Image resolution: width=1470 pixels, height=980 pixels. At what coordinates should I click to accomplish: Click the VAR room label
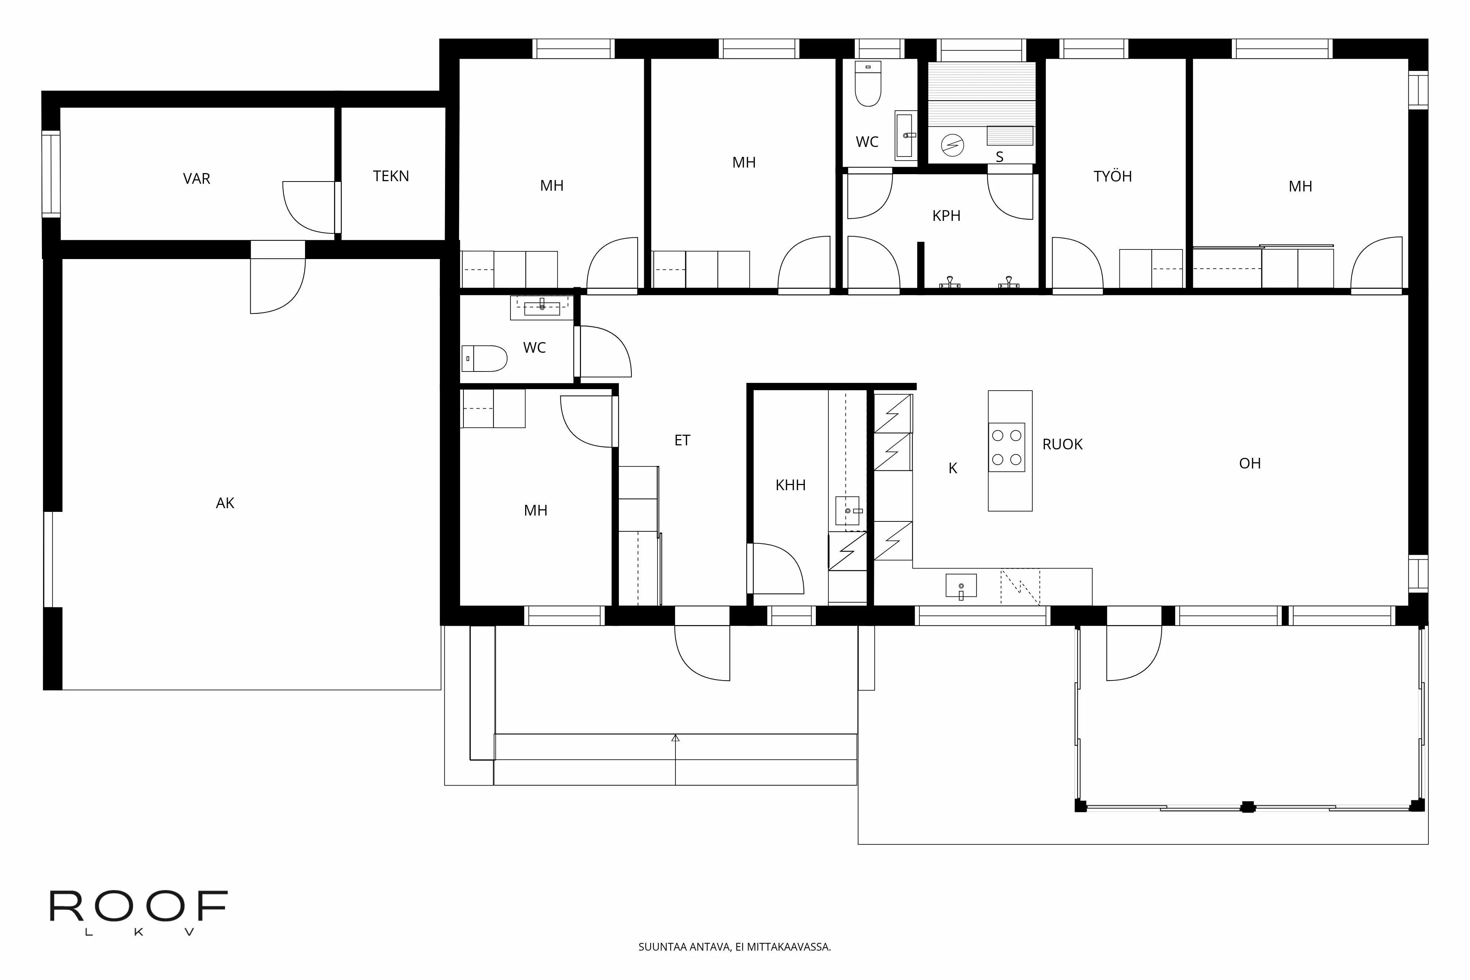tap(196, 179)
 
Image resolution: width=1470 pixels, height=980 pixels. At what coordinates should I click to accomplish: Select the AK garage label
tap(225, 503)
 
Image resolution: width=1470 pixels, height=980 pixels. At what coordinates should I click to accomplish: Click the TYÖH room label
tap(1112, 176)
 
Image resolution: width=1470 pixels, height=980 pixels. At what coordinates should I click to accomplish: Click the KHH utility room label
tap(790, 485)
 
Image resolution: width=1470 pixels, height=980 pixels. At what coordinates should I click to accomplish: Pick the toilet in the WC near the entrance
tap(484, 359)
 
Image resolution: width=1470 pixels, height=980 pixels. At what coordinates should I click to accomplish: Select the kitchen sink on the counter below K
tap(961, 586)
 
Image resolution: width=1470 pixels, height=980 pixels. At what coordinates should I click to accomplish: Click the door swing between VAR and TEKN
tap(306, 206)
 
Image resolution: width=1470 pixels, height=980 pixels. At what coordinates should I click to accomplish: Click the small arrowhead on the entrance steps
tap(675, 738)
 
